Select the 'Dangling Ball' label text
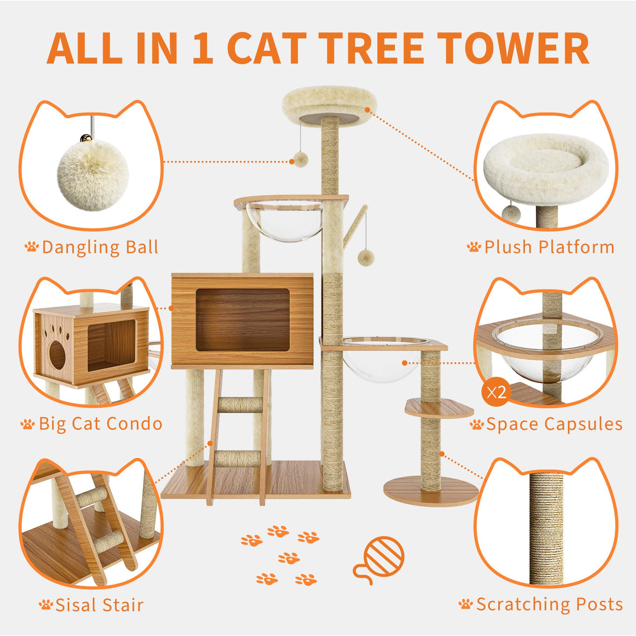tap(100, 247)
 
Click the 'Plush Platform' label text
tap(549, 247)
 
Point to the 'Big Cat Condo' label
tap(100, 424)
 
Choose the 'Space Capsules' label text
tap(554, 424)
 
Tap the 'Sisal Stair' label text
tap(99, 605)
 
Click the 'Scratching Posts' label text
tap(549, 604)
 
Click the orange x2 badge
tap(496, 391)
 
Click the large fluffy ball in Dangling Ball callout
tap(93, 175)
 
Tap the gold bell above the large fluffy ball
tap(85, 138)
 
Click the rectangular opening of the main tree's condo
tap(243, 319)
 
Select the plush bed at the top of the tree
tap(327, 105)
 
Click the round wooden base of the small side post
tap(431, 492)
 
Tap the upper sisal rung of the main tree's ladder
tap(240, 405)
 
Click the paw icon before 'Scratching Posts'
tap(465, 605)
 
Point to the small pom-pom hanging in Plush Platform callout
tap(511, 213)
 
